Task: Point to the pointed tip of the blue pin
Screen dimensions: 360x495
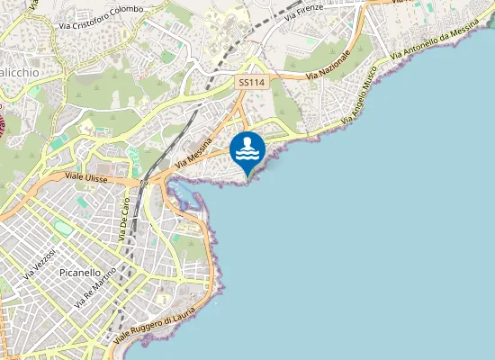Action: pyautogui.click(x=247, y=176)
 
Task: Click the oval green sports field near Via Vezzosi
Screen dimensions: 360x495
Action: pyautogui.click(x=60, y=225)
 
